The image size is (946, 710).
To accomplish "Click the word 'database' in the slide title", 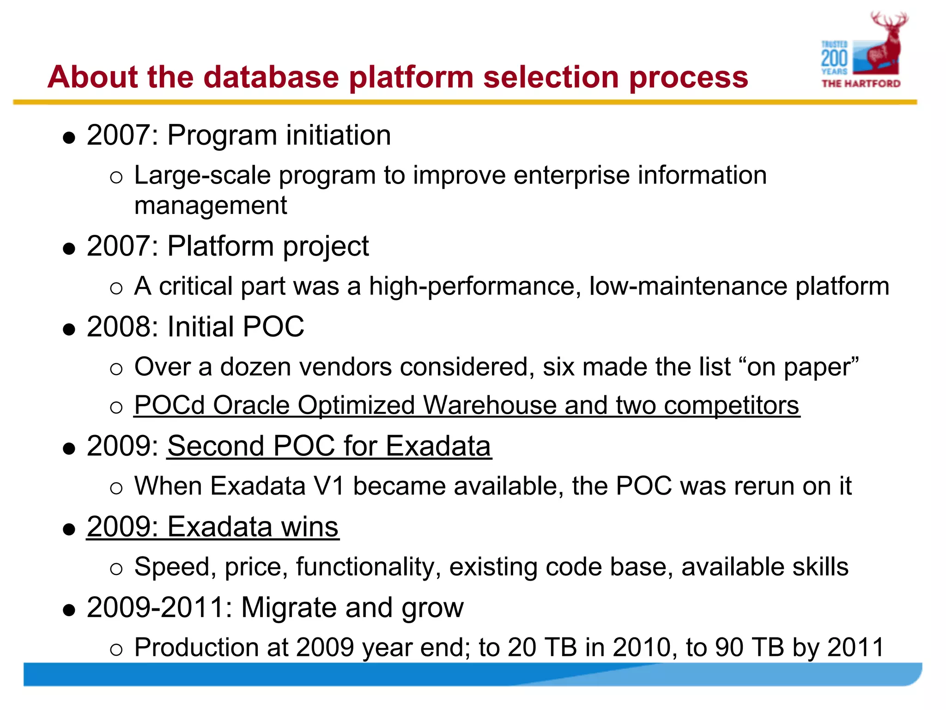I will [271, 77].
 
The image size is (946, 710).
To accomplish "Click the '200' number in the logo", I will [834, 59].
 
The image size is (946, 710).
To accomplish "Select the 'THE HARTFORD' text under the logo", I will [861, 84].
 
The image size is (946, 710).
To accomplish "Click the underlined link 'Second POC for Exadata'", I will [329, 446].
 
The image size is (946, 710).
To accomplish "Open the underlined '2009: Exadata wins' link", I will [212, 526].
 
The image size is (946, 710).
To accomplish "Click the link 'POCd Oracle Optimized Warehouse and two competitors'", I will [467, 405].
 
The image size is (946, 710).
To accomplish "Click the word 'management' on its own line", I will [211, 205].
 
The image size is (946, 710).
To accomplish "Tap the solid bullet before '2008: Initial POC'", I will [69, 329].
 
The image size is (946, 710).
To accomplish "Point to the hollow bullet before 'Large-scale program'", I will [116, 177].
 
